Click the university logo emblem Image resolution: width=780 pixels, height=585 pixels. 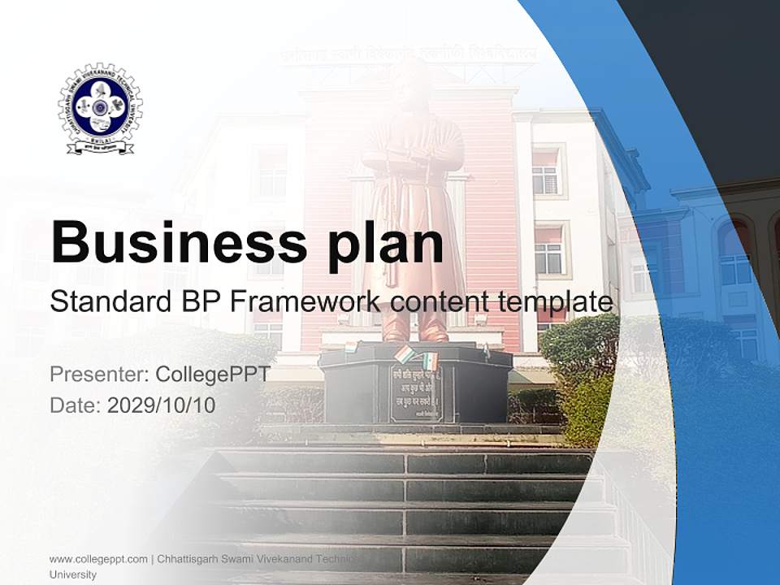(x=100, y=109)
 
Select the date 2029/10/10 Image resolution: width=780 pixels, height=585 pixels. (x=162, y=405)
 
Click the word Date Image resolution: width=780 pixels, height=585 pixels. (x=75, y=405)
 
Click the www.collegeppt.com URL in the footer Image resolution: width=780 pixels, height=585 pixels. (x=98, y=559)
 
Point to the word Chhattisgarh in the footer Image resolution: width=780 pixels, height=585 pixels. (x=192, y=559)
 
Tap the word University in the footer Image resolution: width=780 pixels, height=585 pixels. (x=73, y=574)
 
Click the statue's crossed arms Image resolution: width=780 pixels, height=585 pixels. (x=413, y=154)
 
